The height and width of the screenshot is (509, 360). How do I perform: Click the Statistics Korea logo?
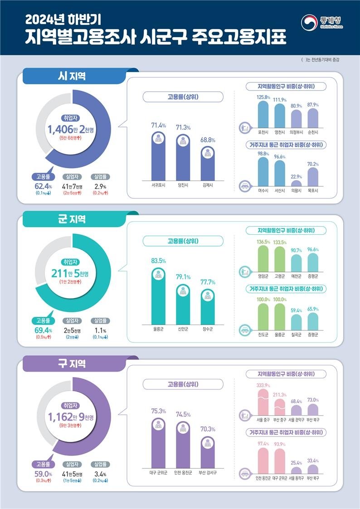(321, 22)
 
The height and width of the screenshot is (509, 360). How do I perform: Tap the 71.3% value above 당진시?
(183, 128)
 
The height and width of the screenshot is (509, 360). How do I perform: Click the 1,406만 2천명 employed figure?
(72, 131)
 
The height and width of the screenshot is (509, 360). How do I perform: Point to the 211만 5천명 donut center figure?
(72, 273)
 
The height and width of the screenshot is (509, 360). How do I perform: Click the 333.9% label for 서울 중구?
(263, 385)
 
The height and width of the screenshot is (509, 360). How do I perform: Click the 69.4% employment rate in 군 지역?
(43, 330)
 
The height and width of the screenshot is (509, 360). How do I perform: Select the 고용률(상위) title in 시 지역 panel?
(183, 97)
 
